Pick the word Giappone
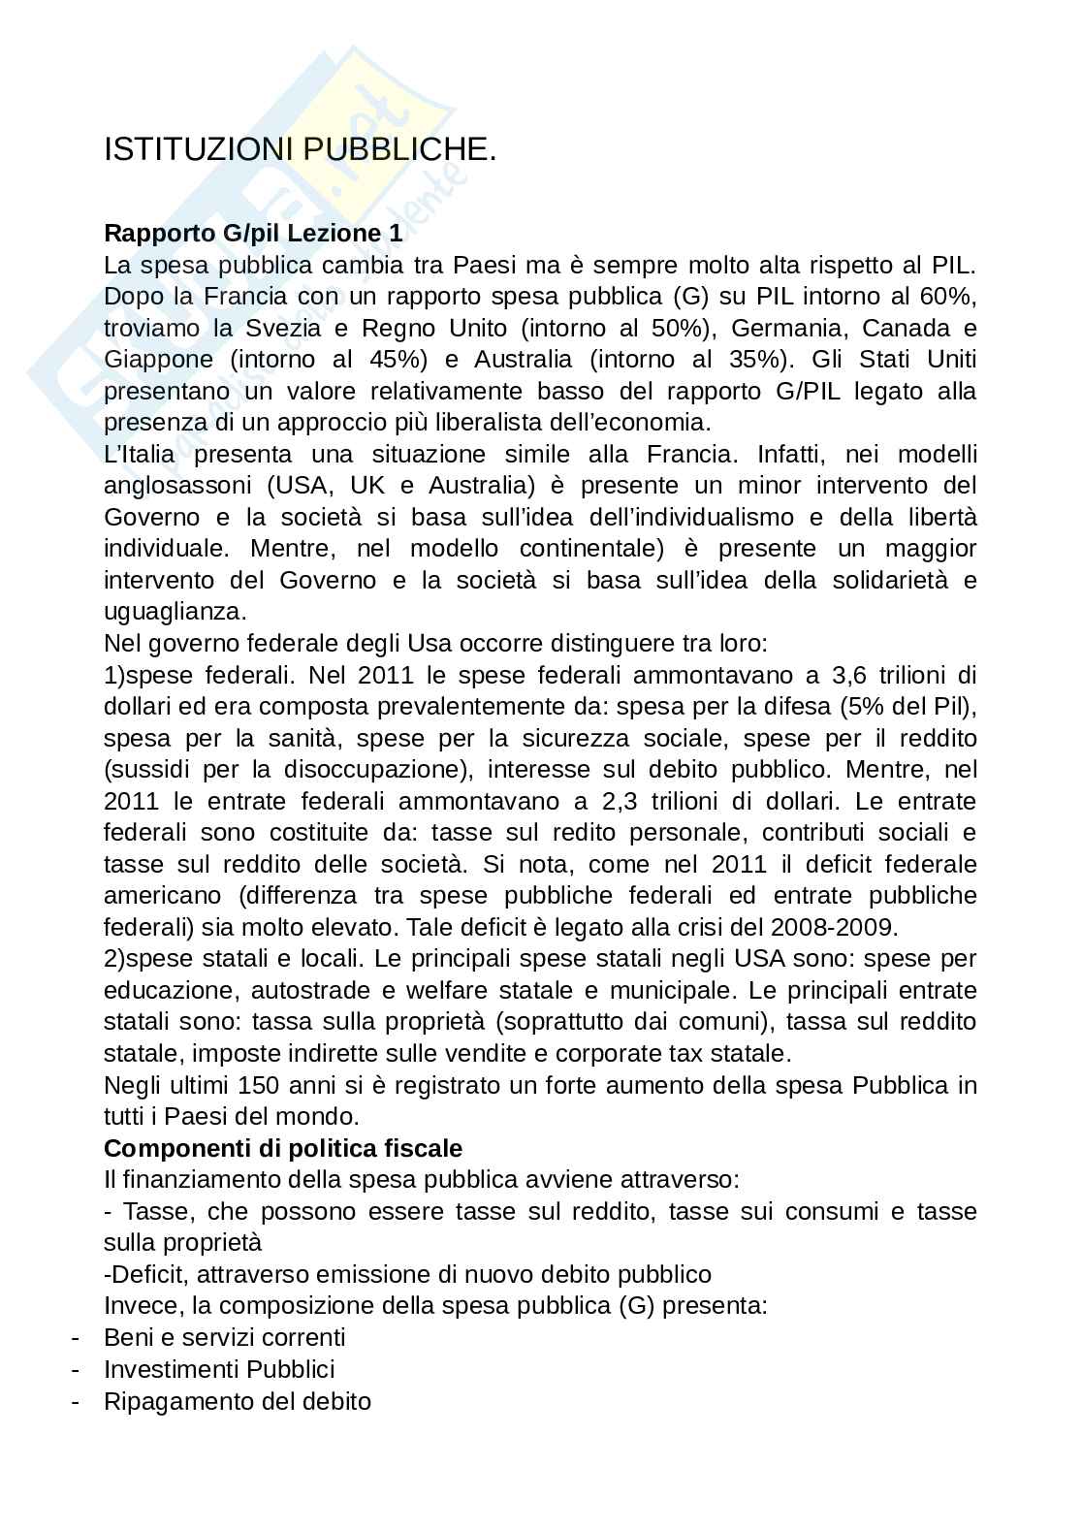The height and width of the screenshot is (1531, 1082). coord(158,360)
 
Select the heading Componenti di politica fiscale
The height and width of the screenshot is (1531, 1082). coord(283,1148)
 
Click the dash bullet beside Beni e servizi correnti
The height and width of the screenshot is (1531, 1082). coord(75,1338)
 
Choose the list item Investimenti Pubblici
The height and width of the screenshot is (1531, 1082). coord(219,1369)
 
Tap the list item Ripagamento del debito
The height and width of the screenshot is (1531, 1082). coord(238,1401)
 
